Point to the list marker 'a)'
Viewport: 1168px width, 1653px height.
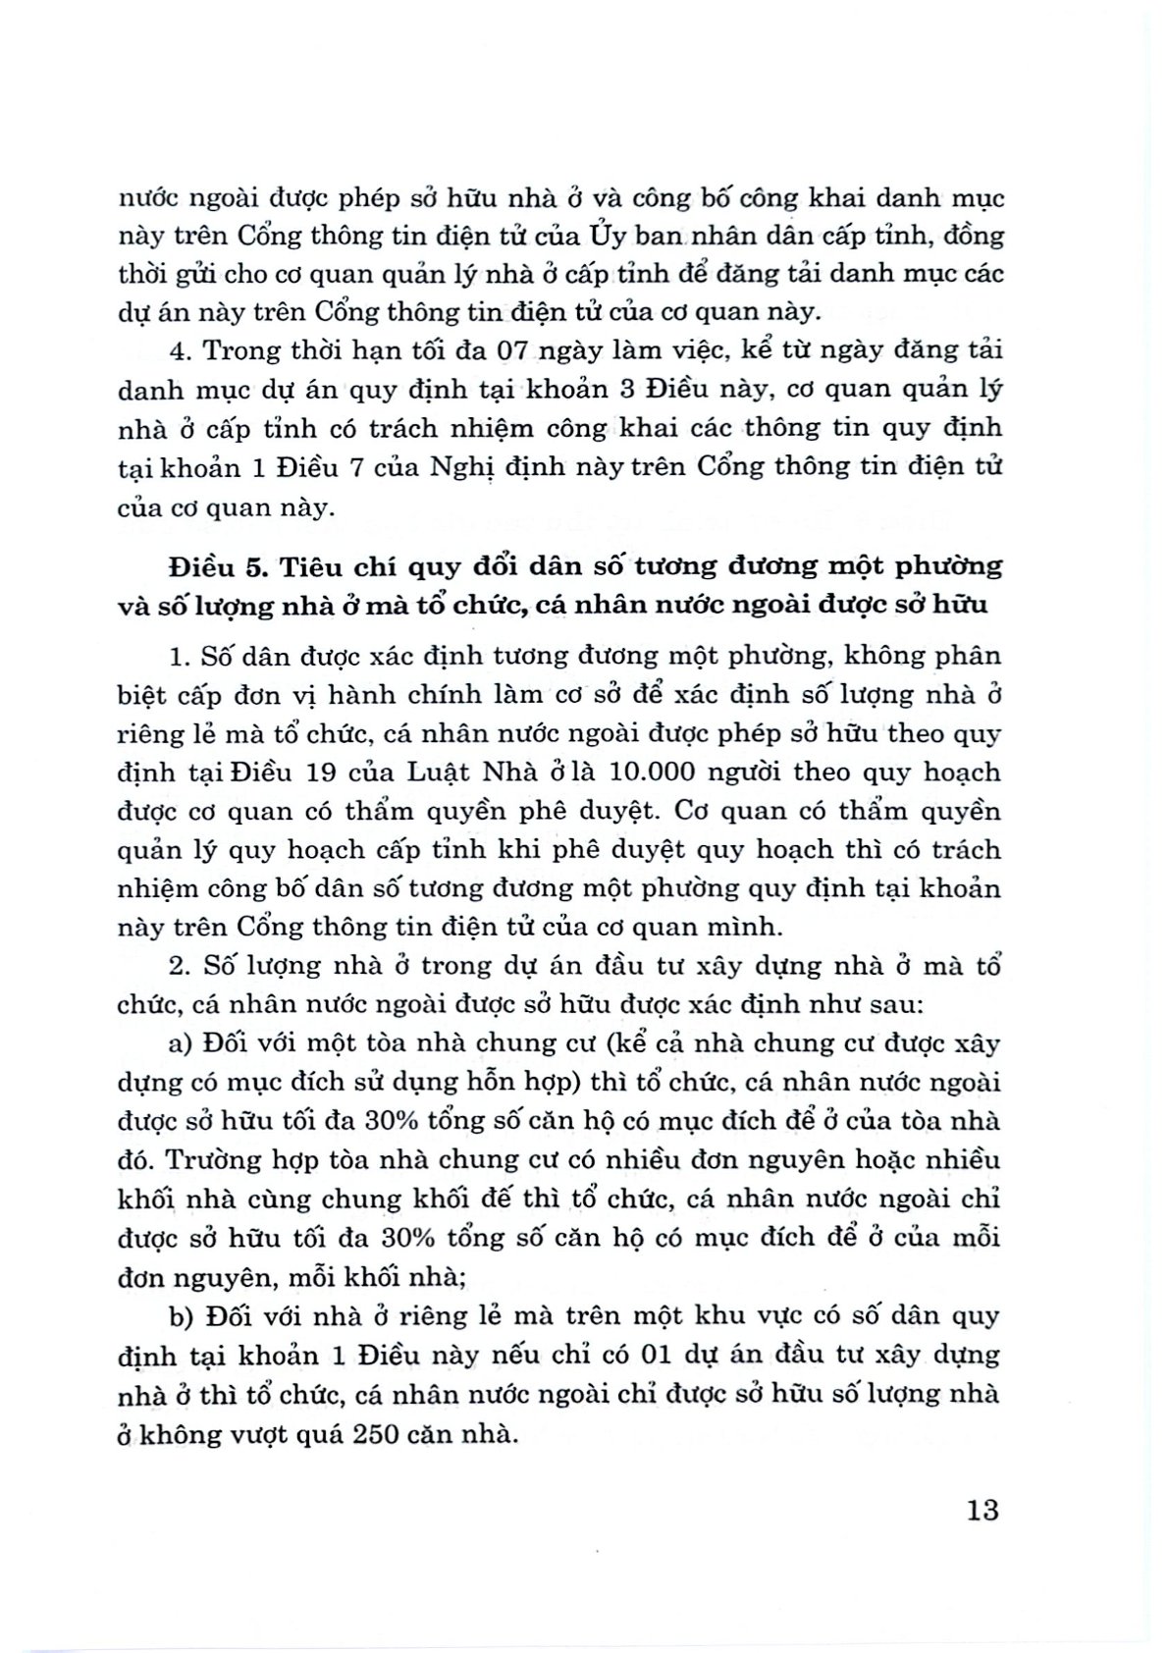click(180, 1043)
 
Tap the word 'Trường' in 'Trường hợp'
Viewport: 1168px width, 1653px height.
click(207, 1160)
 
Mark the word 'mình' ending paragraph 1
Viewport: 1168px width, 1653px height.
click(756, 927)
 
